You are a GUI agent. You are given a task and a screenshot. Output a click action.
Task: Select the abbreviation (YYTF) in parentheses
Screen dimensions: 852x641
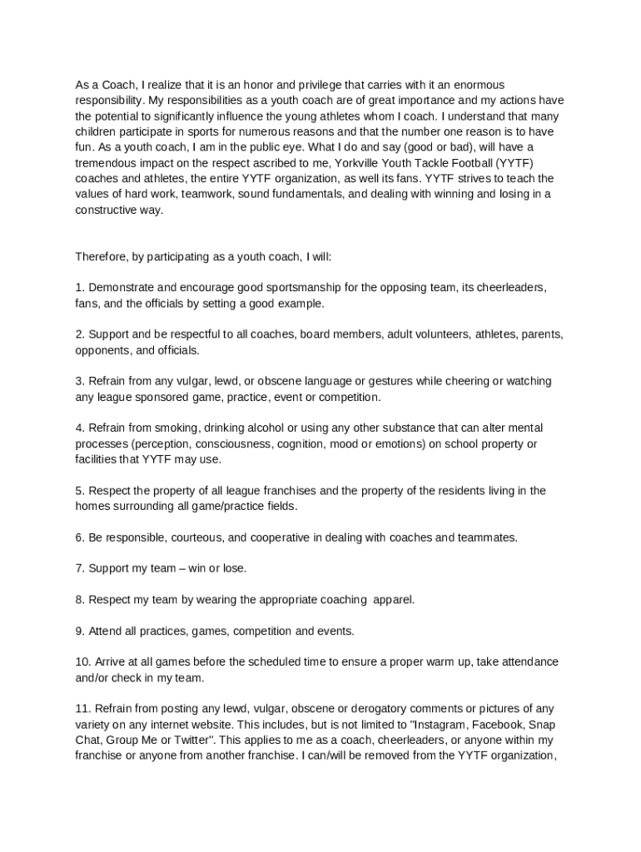[x=533, y=163]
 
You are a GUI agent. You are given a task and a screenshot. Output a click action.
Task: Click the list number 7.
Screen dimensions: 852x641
[x=80, y=568]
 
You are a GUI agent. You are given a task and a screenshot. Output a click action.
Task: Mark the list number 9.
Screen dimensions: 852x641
[x=80, y=631]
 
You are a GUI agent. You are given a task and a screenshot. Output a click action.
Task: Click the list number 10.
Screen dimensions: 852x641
[x=83, y=661]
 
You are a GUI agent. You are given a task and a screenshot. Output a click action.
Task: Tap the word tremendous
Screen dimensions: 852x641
[x=107, y=163]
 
